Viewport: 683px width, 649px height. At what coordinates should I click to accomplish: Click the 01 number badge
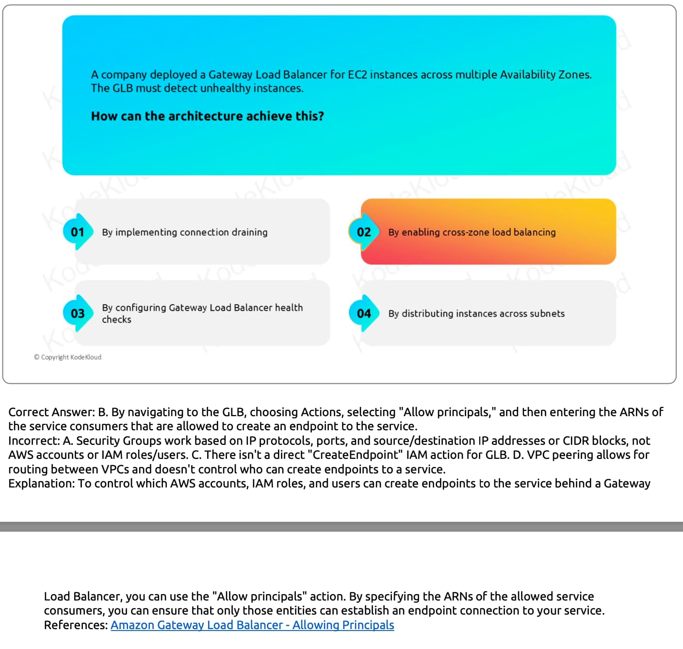[x=77, y=232]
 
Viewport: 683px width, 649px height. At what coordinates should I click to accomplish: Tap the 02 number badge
[x=363, y=232]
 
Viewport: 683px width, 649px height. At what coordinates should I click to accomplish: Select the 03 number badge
[x=77, y=313]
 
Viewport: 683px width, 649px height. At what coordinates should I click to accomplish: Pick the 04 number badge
[x=363, y=313]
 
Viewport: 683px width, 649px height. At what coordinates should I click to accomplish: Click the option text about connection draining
[x=184, y=232]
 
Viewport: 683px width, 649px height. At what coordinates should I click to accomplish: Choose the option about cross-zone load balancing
[x=472, y=232]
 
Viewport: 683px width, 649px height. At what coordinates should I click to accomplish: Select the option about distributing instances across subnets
[x=476, y=314]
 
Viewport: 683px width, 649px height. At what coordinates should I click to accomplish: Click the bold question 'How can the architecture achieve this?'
[x=207, y=116]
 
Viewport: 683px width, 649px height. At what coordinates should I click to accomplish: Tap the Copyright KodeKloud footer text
[x=68, y=357]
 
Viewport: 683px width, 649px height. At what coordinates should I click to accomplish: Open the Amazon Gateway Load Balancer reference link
[x=252, y=625]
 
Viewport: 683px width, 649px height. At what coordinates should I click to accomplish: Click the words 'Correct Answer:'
[x=51, y=412]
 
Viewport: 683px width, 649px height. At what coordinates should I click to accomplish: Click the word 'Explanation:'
[x=41, y=484]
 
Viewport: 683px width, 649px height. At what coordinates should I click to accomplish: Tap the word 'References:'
[x=76, y=625]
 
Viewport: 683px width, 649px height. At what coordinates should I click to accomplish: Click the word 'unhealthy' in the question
[x=225, y=88]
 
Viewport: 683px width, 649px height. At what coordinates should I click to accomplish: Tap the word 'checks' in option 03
[x=116, y=320]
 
